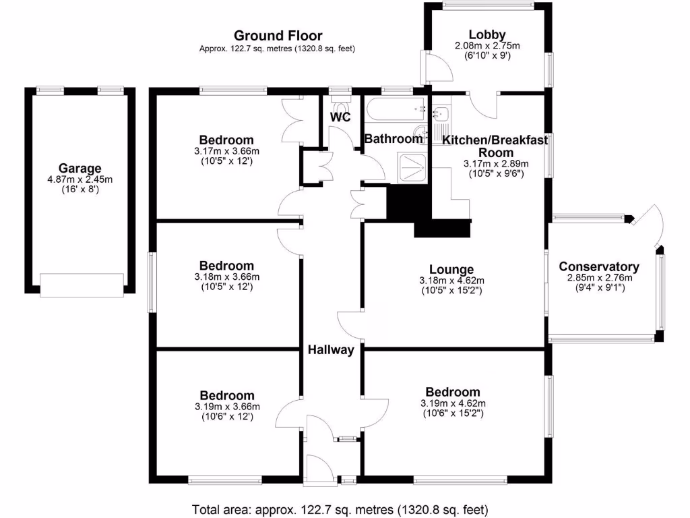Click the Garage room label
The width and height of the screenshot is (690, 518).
click(80, 169)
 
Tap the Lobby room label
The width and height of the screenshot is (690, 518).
click(487, 35)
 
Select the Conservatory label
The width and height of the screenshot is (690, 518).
click(599, 267)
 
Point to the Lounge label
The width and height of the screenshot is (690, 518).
click(455, 270)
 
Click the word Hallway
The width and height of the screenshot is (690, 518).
click(331, 349)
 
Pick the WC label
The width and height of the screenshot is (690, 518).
click(340, 117)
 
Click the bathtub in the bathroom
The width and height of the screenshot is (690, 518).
click(396, 108)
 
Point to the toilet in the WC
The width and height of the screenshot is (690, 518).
click(340, 106)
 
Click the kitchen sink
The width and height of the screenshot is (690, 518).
click(441, 115)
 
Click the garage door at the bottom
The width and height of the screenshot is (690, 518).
click(82, 284)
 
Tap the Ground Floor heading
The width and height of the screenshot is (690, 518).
click(278, 36)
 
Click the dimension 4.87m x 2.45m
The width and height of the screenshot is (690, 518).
click(80, 180)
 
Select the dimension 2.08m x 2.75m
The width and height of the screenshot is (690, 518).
click(487, 46)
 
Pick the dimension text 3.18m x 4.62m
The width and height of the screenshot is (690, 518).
click(455, 281)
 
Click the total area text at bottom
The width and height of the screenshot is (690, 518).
click(340, 509)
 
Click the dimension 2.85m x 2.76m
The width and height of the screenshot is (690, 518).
click(599, 278)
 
